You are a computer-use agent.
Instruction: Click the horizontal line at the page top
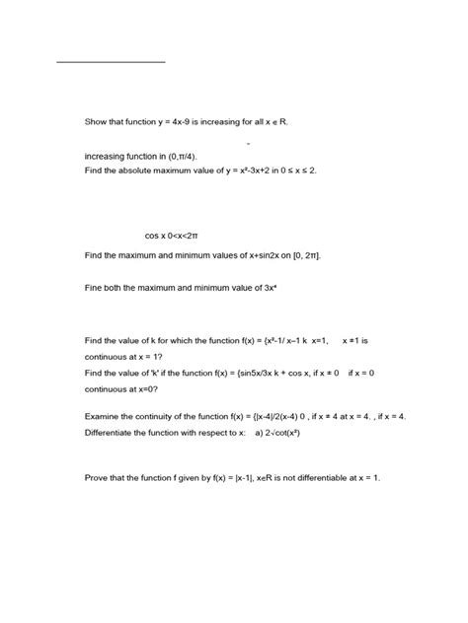click(x=112, y=62)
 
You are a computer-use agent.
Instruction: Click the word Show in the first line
click(x=99, y=123)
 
